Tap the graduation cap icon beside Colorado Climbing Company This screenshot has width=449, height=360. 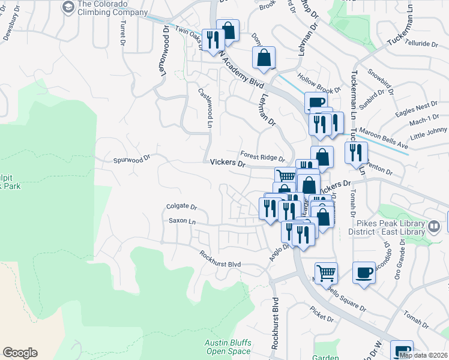pyautogui.click(x=68, y=7)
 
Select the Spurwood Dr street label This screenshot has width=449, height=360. pyautogui.click(x=131, y=160)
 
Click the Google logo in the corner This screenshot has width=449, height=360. pyautogui.click(x=20, y=353)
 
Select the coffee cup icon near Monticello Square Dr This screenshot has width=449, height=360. pyautogui.click(x=363, y=273)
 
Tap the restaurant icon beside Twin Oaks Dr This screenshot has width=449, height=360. pyautogui.click(x=212, y=40)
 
